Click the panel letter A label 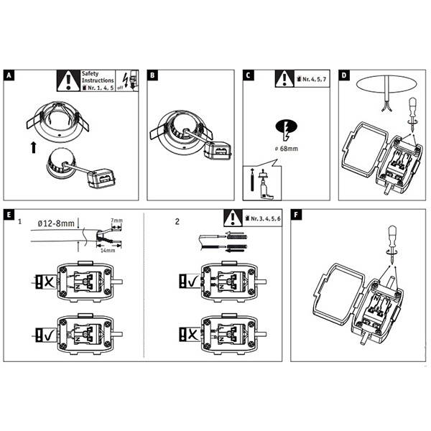(8, 75)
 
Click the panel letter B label (152, 75)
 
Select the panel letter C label (248, 75)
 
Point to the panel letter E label (8, 214)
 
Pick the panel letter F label (296, 214)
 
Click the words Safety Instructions (98, 78)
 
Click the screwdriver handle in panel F (394, 238)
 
